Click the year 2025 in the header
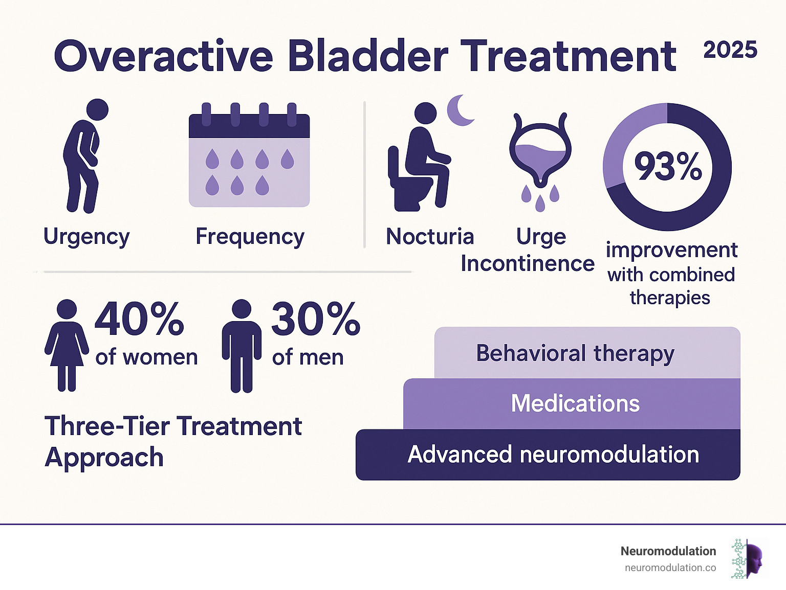(x=730, y=50)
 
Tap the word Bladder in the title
(x=367, y=56)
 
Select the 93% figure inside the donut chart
(x=668, y=167)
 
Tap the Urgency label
(x=86, y=237)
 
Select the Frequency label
(x=250, y=237)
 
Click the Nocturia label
(x=430, y=237)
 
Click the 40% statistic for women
(x=139, y=319)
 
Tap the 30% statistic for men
(x=315, y=319)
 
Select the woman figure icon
(x=67, y=346)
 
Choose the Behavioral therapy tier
(x=575, y=353)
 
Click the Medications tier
(x=575, y=403)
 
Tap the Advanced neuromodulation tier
(x=553, y=455)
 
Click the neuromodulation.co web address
(x=670, y=568)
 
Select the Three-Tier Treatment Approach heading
(x=173, y=441)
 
